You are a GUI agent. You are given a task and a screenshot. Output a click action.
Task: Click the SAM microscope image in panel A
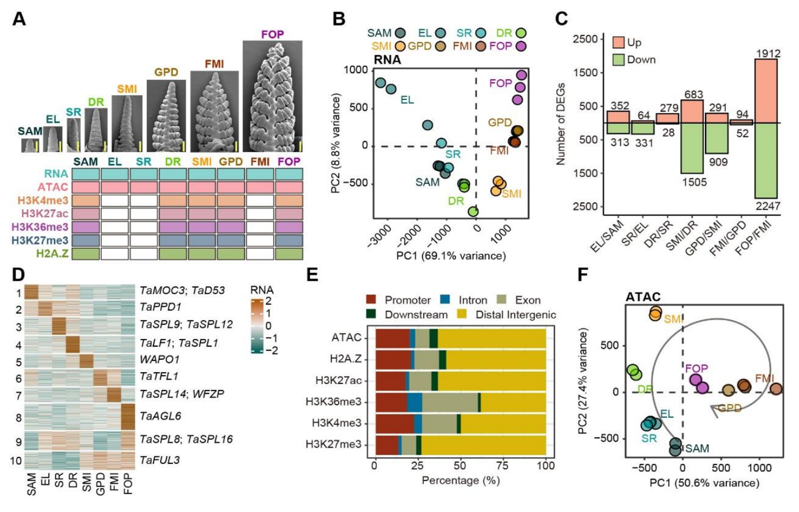[30, 145]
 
